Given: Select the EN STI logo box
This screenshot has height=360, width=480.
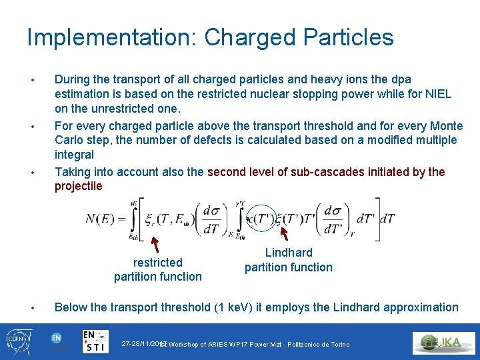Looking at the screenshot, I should (x=96, y=341).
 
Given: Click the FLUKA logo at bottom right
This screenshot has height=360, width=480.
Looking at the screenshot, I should (x=444, y=343).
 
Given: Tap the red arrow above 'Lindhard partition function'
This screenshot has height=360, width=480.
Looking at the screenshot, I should (x=285, y=234).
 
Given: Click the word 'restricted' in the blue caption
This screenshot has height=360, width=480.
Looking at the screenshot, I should (x=157, y=263).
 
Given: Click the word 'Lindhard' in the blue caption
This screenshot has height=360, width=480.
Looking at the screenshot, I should (x=289, y=253).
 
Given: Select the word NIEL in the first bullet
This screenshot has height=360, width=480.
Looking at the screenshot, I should (x=438, y=94).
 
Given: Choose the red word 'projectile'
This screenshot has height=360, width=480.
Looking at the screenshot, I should (x=79, y=186).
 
